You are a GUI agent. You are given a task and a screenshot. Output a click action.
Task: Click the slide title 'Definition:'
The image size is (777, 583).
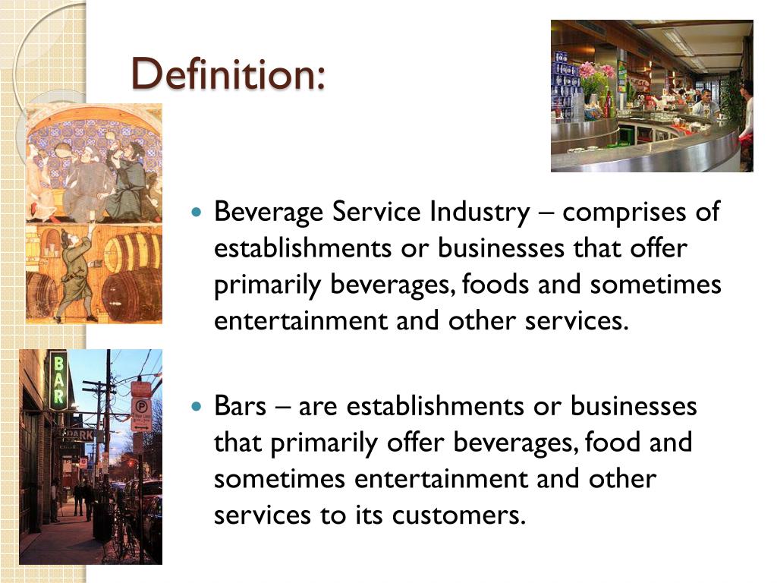pyautogui.click(x=228, y=74)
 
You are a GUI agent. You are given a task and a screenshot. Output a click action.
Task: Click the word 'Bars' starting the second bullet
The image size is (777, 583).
pyautogui.click(x=240, y=406)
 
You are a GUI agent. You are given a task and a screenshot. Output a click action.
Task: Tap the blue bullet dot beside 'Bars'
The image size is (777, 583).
pyautogui.click(x=199, y=407)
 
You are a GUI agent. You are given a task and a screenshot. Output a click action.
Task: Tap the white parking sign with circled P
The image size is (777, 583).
pyautogui.click(x=142, y=414)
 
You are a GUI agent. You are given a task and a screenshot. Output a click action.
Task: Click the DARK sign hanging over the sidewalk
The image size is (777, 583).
pyautogui.click(x=79, y=435)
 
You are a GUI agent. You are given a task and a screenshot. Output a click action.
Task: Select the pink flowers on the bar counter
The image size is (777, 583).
pyautogui.click(x=595, y=71)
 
